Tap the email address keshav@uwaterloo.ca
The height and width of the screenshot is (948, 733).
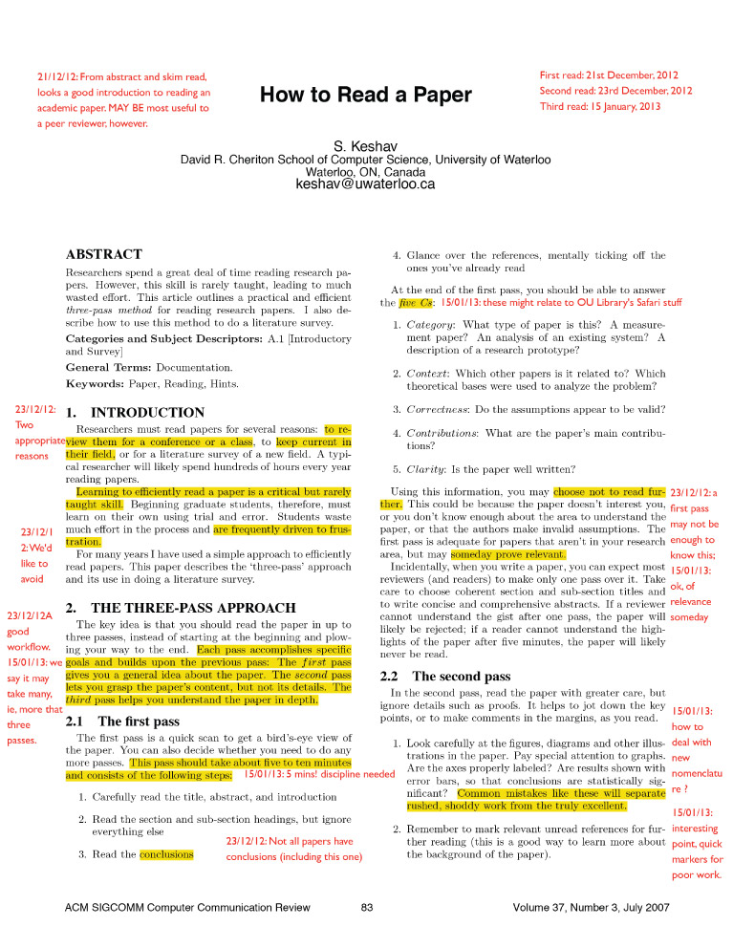[366, 183]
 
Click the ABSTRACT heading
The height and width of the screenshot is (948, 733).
[103, 255]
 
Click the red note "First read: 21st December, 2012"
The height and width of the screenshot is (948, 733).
[609, 75]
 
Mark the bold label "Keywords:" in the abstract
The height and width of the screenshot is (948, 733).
[97, 383]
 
